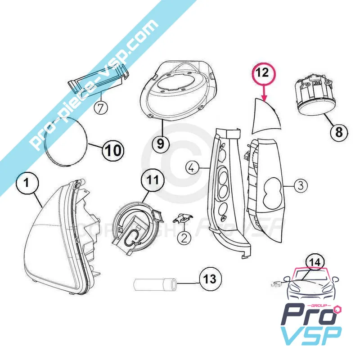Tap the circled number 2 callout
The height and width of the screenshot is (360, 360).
pyautogui.click(x=184, y=238)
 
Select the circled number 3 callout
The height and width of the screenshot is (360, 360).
pyautogui.click(x=301, y=185)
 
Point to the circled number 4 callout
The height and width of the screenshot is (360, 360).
pyautogui.click(x=192, y=168)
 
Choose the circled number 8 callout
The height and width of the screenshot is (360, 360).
pyautogui.click(x=339, y=132)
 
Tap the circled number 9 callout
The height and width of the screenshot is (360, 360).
pyautogui.click(x=161, y=144)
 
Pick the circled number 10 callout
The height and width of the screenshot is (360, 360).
pyautogui.click(x=113, y=150)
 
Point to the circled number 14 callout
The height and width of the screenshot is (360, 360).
pyautogui.click(x=315, y=262)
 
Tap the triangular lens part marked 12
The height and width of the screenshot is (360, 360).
pyautogui.click(x=266, y=117)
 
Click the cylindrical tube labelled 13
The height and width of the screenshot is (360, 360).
pyautogui.click(x=155, y=284)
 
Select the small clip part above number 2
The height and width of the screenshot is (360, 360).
pyautogui.click(x=183, y=218)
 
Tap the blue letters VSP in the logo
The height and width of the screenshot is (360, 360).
pyautogui.click(x=311, y=335)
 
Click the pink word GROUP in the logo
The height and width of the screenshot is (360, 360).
pyautogui.click(x=320, y=306)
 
